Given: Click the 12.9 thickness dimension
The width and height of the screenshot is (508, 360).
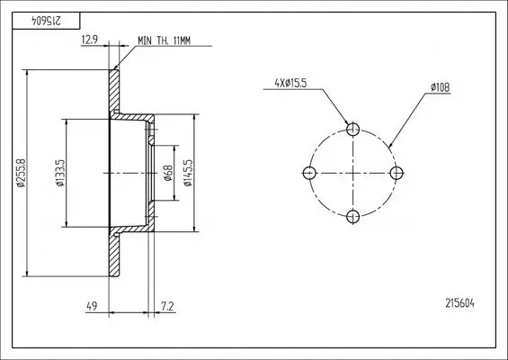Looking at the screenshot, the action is [x=89, y=40].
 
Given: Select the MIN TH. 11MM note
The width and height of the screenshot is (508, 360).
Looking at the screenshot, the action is [x=165, y=40].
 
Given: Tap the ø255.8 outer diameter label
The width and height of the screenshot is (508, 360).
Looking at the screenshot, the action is [x=21, y=173].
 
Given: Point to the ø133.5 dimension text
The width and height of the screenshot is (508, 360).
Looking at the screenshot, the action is [x=60, y=173].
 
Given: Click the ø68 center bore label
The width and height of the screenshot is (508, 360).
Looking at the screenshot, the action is [x=168, y=173].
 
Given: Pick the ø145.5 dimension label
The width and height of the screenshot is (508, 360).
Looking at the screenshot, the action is [x=188, y=173].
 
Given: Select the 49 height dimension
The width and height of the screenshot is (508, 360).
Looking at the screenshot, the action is [x=92, y=306].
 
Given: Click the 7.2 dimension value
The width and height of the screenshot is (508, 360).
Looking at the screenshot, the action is [x=167, y=306].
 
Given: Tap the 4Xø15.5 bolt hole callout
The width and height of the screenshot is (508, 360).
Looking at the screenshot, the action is [x=290, y=84].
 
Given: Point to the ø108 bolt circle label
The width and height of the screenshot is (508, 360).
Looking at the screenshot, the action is [x=441, y=87].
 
